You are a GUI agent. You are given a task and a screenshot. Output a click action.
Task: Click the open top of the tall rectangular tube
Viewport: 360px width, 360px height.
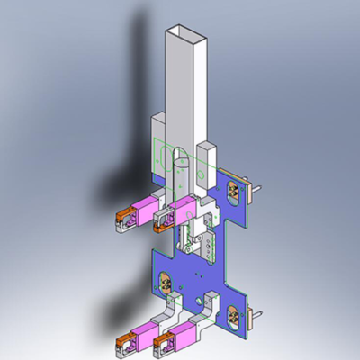click(x=185, y=30)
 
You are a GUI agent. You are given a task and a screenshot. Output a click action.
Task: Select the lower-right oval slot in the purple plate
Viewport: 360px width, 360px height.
click(x=236, y=314)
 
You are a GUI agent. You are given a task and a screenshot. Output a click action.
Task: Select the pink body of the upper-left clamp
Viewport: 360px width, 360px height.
click(x=139, y=215)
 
